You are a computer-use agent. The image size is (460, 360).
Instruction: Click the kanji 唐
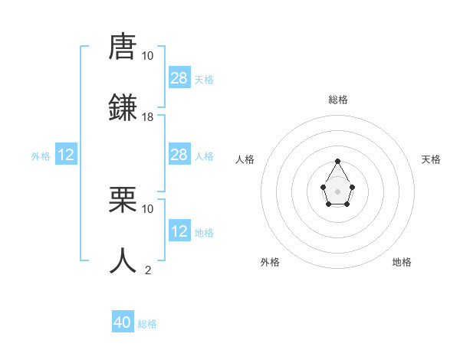(x=123, y=47)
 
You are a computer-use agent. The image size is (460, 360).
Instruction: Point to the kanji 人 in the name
(x=123, y=260)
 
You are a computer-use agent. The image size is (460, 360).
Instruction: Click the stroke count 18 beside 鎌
(x=148, y=116)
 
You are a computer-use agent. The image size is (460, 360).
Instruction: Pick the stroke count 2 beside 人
(x=148, y=270)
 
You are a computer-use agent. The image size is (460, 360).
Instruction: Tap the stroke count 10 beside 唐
(x=148, y=55)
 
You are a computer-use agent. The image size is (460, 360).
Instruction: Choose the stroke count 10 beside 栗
(x=148, y=208)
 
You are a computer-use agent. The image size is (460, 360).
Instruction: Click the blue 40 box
(x=123, y=322)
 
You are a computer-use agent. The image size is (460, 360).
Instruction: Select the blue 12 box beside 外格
(x=66, y=155)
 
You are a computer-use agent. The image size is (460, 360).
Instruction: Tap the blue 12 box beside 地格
(x=179, y=231)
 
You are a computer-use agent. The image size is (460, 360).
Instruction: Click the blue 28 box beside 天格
(x=179, y=78)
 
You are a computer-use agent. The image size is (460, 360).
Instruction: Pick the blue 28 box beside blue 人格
(x=179, y=155)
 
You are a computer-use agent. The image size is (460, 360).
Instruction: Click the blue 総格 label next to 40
(x=147, y=324)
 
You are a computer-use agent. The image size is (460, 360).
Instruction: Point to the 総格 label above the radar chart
(x=338, y=100)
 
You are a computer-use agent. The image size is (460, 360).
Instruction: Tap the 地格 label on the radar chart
(x=402, y=262)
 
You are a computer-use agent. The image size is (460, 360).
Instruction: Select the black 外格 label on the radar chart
(x=270, y=262)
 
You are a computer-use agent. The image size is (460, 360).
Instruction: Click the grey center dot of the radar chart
(x=337, y=191)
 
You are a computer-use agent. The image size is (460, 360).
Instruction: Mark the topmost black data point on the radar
(x=337, y=162)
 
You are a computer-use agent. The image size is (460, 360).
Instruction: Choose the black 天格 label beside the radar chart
(x=431, y=159)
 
